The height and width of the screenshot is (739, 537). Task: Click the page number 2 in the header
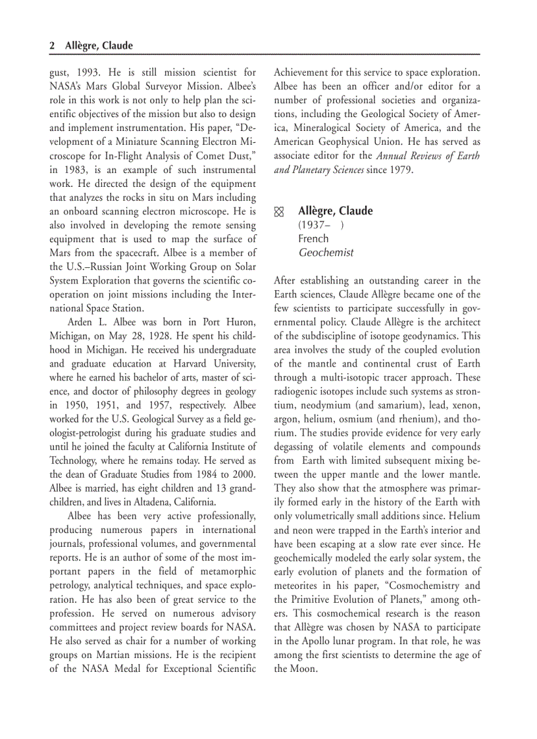click(52, 45)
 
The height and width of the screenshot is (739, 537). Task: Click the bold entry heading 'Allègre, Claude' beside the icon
click(335, 211)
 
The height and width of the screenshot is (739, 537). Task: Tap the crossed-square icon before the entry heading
click(279, 212)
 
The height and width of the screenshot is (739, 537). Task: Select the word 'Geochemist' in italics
click(326, 252)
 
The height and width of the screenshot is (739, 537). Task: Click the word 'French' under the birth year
click(313, 238)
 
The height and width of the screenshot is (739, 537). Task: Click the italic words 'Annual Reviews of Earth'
click(428, 156)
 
